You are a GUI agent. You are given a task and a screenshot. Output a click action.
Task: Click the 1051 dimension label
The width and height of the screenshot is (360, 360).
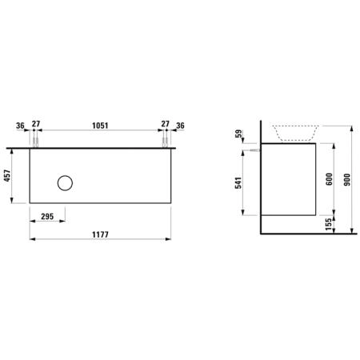100,126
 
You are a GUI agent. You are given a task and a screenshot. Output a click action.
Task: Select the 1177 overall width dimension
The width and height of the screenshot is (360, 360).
100,234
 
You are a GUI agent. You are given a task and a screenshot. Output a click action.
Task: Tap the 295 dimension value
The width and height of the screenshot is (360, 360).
47,217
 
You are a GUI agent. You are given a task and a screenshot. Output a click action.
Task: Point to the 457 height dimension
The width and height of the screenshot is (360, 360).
7,176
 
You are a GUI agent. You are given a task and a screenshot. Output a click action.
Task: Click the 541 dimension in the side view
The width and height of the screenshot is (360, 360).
238,182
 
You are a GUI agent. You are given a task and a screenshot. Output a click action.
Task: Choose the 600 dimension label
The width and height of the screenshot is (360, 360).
329,179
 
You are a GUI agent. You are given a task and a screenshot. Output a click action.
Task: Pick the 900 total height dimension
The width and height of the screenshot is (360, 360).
347,179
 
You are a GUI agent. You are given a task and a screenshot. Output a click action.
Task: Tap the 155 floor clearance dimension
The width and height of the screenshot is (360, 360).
329,224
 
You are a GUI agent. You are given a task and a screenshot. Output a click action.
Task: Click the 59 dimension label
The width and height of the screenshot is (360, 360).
239,134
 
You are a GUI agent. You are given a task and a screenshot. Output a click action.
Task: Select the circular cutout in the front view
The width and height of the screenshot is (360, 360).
65,176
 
